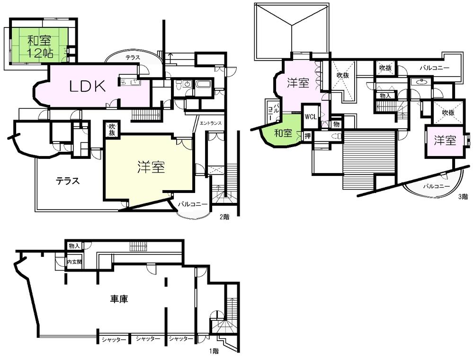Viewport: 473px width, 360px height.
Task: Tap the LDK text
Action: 87,86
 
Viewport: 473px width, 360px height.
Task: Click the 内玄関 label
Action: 74,262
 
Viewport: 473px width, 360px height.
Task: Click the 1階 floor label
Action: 215,351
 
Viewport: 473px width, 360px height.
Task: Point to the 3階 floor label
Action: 463,196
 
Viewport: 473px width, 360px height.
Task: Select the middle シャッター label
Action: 147,339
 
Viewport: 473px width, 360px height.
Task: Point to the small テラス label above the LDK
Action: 133,57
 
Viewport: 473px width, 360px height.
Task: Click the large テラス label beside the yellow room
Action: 68,181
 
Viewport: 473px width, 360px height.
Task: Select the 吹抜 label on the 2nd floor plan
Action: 112,129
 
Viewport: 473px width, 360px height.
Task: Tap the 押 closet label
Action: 307,136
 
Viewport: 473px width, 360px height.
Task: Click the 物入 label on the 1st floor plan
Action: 74,246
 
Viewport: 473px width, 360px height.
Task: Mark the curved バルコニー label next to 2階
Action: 193,204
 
